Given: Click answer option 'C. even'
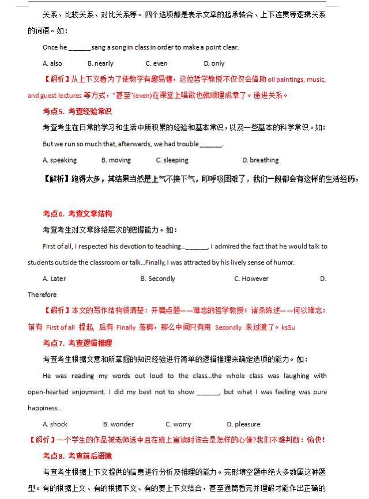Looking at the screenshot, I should tap(156, 63).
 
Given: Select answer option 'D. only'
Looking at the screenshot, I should tap(214, 63).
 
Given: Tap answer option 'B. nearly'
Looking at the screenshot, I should tap(100, 63).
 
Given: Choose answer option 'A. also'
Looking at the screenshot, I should tap(52, 63).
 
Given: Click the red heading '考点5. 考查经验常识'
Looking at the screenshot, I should tap(77, 111).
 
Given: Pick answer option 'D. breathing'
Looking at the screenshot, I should tap(260, 160).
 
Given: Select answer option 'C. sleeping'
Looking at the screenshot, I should tap(172, 160).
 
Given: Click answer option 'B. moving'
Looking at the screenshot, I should tap(116, 160).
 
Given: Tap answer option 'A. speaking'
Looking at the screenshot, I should tap(59, 160).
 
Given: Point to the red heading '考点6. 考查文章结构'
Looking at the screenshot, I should tap(77, 214).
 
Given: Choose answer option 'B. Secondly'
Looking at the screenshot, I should tap(157, 278).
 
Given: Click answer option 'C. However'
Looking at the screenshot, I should tap(251, 278).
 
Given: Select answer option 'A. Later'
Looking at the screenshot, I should tap(54, 278).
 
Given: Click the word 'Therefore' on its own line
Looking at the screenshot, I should tap(42, 294).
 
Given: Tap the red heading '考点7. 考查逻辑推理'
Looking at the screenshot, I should tap(77, 343).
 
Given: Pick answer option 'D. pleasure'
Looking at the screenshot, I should tap(243, 424).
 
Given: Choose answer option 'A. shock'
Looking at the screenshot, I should tap(55, 424).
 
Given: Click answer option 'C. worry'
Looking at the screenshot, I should tap(178, 424).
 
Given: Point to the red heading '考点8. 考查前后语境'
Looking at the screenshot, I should tap(77, 456).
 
